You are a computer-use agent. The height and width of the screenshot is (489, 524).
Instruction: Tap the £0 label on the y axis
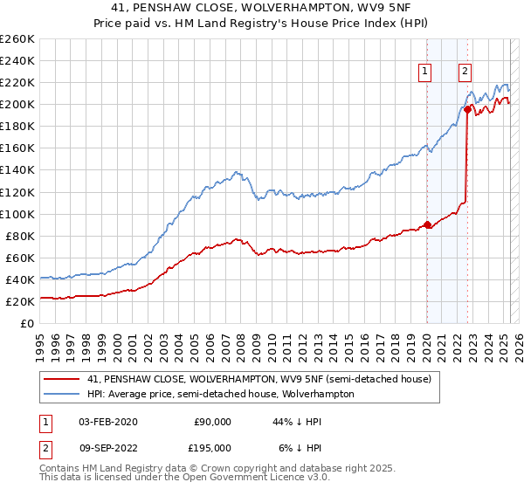[x=26, y=324]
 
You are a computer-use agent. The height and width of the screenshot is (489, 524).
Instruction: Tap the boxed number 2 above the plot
[x=465, y=72]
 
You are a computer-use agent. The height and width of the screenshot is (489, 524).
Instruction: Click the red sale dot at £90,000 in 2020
[x=427, y=224]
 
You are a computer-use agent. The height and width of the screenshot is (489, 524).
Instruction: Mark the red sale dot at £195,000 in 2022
[x=467, y=109]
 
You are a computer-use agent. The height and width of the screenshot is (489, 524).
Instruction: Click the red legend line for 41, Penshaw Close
[x=60, y=380]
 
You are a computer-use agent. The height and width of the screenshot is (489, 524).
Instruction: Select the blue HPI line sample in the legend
[x=60, y=394]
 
